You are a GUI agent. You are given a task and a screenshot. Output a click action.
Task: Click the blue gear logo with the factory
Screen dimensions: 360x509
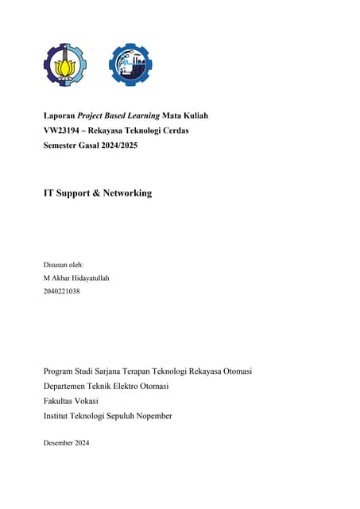click(x=130, y=65)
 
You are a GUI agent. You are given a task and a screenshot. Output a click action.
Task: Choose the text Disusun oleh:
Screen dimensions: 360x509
click(x=63, y=264)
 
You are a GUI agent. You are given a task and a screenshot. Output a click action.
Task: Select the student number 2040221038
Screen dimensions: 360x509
click(x=61, y=291)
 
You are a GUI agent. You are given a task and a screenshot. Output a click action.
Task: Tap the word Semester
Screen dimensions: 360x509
click(x=63, y=146)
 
